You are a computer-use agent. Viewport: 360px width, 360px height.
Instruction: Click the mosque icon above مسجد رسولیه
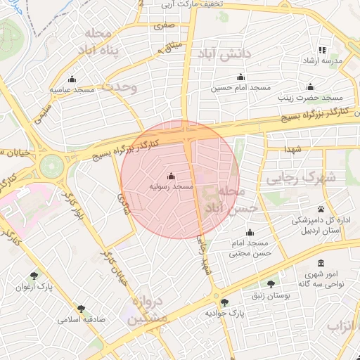point(172,176)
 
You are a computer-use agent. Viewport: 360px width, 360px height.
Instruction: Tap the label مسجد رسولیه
point(172,188)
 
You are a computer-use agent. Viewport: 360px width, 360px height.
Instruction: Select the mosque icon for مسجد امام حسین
point(241,77)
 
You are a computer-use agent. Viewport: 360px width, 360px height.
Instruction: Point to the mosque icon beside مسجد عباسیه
point(72,78)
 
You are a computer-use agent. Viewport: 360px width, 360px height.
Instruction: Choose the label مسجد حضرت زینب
point(319,98)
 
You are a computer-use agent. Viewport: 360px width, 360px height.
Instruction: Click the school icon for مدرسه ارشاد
point(323,50)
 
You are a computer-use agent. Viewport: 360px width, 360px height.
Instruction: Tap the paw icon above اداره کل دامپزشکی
point(321,210)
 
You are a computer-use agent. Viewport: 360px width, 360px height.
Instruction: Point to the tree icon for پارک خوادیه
point(224,302)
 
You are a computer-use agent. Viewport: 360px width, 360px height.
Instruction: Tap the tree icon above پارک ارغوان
point(34,277)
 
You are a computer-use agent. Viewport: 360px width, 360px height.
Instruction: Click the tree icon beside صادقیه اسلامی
point(82,308)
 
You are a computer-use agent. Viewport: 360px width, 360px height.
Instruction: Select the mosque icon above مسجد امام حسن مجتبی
point(250,233)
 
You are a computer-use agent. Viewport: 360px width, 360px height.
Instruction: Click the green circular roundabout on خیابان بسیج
point(51,166)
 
